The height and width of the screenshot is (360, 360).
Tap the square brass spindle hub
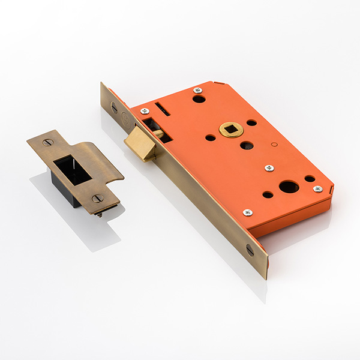[x=231, y=128]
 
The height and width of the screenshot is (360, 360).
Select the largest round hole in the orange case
[x=289, y=187]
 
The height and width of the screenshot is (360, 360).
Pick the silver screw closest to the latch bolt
[x=144, y=112]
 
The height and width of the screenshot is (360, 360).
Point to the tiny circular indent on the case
[x=274, y=144]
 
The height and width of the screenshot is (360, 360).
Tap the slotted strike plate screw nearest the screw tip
[x=97, y=198]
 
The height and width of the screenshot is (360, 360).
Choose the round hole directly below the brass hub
[x=246, y=145]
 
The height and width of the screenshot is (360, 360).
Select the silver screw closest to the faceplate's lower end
[x=247, y=212]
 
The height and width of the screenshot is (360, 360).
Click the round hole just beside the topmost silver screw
[x=199, y=99]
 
